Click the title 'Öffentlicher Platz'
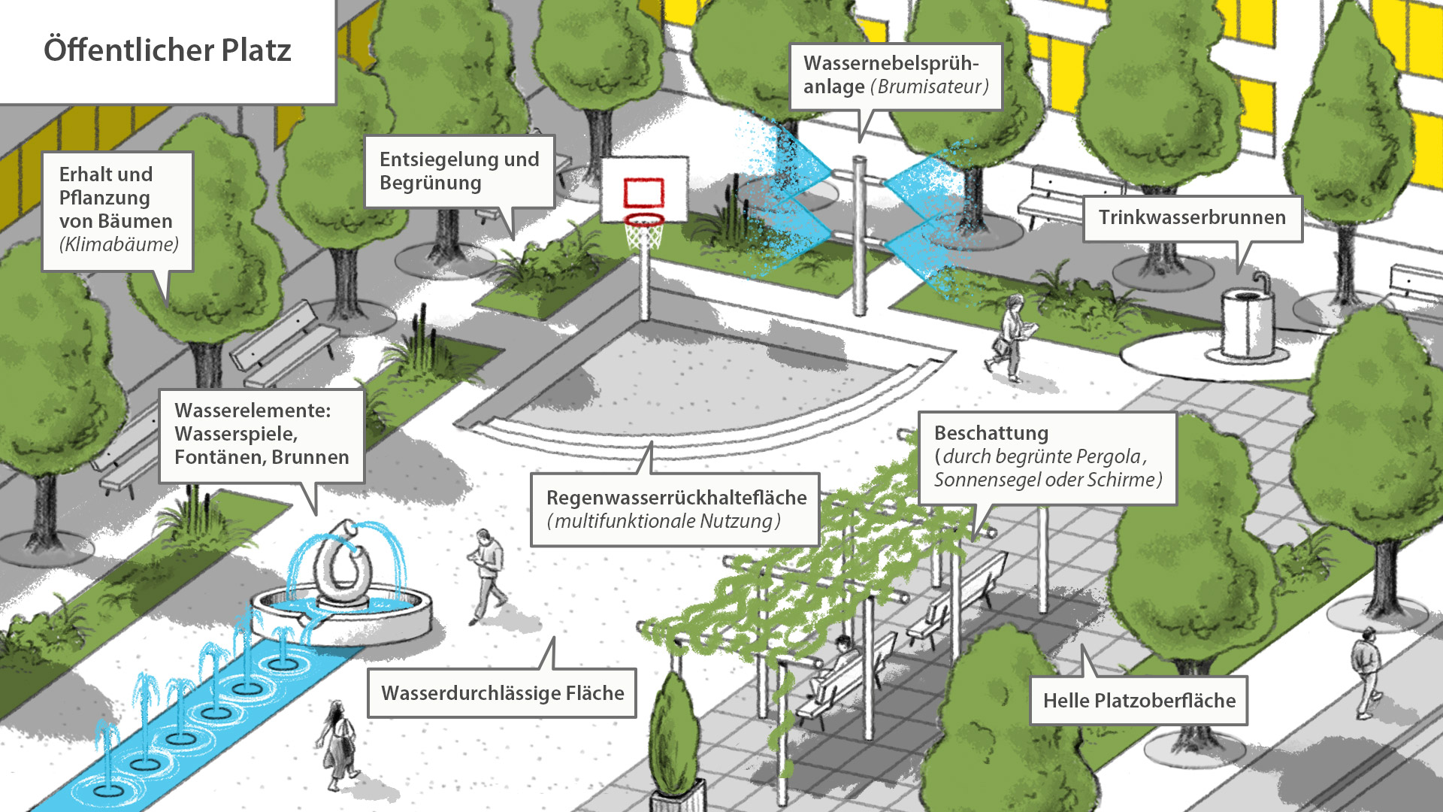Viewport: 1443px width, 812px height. [167, 50]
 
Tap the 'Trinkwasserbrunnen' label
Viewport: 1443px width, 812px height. [1192, 218]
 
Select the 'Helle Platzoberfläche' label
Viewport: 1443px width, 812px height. [1139, 701]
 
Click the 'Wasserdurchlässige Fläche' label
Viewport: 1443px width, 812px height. [502, 693]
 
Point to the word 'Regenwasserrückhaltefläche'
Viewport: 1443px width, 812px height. [676, 498]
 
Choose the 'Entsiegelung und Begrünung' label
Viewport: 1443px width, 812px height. [459, 171]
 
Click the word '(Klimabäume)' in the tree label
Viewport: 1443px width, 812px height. [119, 244]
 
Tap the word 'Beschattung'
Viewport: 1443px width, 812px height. [991, 433]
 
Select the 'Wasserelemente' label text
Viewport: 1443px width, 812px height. [253, 411]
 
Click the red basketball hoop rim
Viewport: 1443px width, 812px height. [644, 220]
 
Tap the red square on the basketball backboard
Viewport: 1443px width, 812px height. [644, 192]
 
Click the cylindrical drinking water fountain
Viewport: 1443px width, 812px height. [1248, 322]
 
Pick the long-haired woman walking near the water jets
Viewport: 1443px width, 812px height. [338, 744]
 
